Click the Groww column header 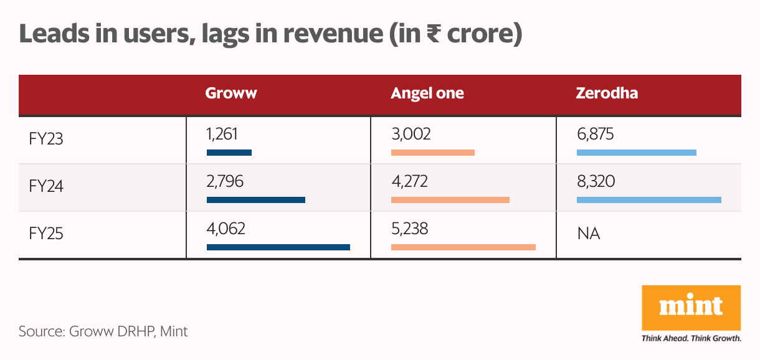(231, 93)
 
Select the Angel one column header (427, 93)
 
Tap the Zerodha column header (607, 93)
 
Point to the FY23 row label (46, 138)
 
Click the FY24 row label (46, 186)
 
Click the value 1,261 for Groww (222, 133)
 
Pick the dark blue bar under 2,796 (255, 200)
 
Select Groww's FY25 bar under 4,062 (278, 247)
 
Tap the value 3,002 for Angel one (411, 133)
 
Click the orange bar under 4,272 (450, 200)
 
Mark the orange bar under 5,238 (463, 247)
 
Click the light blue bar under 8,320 (648, 200)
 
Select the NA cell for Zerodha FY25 (589, 234)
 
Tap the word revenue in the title (323, 35)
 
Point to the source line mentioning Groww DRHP (103, 331)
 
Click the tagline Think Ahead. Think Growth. (691, 339)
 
